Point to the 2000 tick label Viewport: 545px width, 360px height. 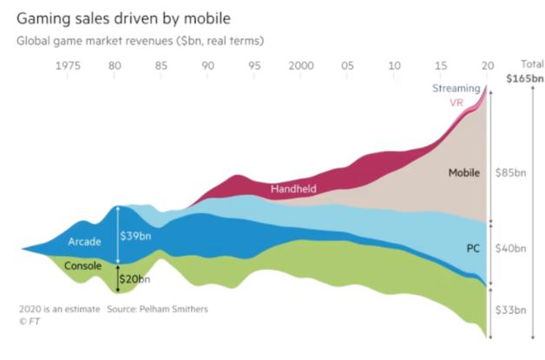coord(302,66)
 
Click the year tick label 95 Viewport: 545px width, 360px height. coord(254,66)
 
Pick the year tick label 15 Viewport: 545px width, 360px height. coord(443,66)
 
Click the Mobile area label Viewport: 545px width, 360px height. coord(464,173)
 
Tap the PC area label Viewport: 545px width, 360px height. coord(473,248)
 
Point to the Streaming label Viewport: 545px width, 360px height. coord(456,88)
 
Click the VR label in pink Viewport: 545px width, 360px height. coord(456,102)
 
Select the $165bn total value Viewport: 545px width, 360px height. coord(525,79)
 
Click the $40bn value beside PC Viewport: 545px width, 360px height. coord(511,248)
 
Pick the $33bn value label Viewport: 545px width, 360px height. coord(511,310)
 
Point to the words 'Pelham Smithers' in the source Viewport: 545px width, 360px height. coord(177,309)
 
